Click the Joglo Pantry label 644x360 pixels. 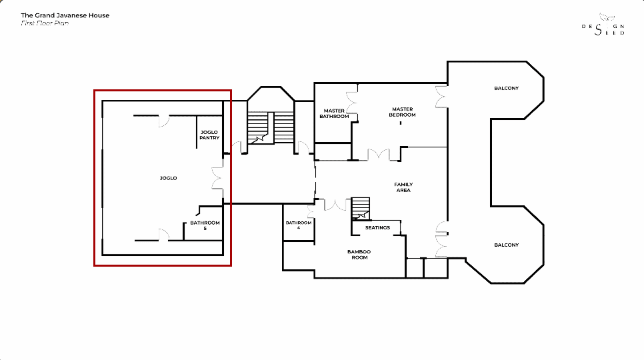point(209,135)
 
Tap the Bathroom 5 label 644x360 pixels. point(205,225)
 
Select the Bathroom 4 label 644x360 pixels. point(299,225)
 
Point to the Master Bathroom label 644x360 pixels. point(334,113)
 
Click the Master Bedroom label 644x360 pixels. point(403,112)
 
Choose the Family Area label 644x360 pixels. point(403,187)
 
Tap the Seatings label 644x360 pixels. point(377,227)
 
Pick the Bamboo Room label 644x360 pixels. point(359,255)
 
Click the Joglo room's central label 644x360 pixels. point(169,178)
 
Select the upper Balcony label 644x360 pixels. point(507,88)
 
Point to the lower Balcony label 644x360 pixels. point(507,245)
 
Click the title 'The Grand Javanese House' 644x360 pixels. point(65,15)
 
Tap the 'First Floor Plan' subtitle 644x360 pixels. point(45,23)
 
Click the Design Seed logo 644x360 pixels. point(603,25)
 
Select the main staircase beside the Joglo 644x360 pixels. point(271,127)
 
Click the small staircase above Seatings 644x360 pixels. point(361,209)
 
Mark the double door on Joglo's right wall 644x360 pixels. point(218,178)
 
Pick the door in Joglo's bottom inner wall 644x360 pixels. point(164,235)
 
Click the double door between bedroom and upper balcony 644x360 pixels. point(441,97)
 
